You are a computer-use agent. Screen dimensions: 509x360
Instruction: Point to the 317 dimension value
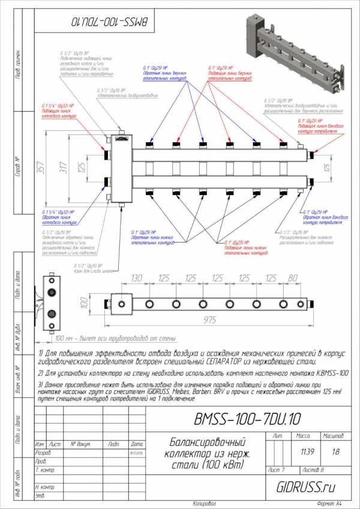pos(62,169)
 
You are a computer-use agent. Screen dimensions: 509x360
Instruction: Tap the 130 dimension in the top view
pos(137,279)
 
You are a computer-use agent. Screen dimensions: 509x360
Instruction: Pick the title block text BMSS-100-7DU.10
pos(247,418)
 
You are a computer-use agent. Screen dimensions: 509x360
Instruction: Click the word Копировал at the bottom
pos(204,503)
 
